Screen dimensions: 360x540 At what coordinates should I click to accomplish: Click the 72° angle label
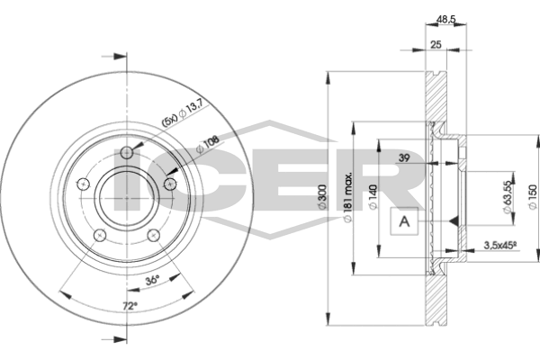[130, 308]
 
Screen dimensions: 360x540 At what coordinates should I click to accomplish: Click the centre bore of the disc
[127, 194]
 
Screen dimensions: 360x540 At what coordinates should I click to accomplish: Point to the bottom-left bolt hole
[101, 235]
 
